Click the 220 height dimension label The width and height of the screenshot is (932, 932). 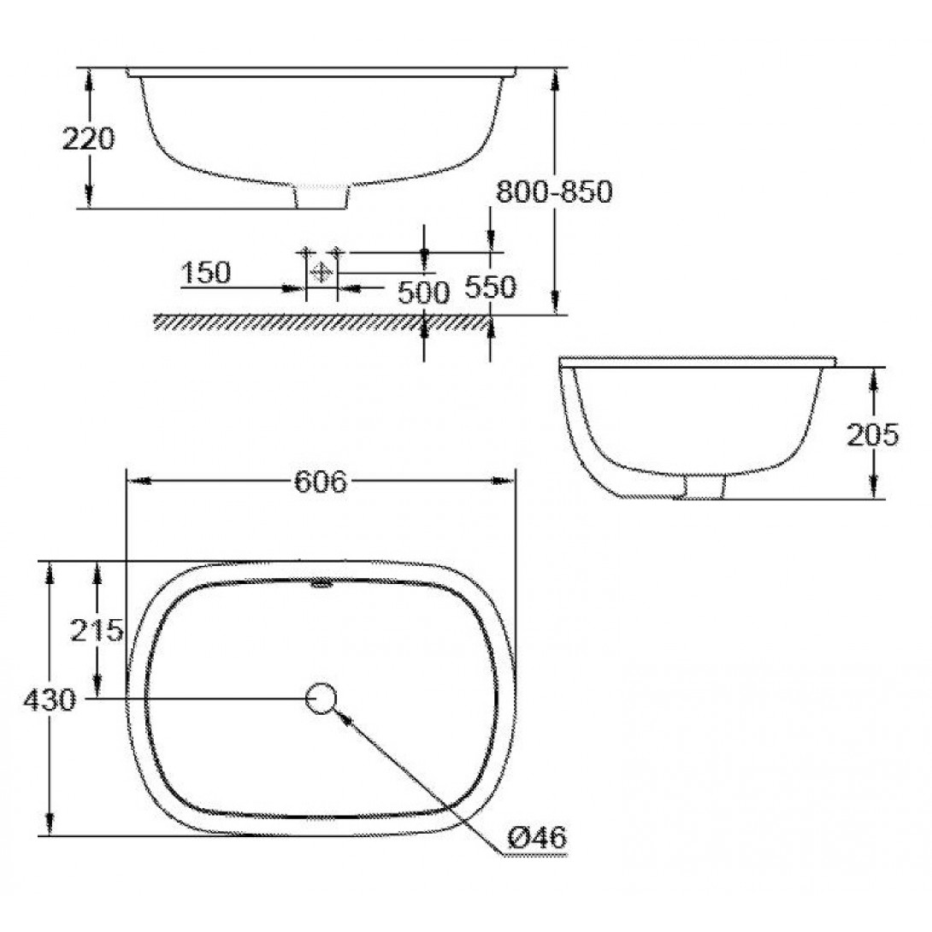(x=88, y=139)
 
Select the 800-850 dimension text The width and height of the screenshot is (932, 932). (x=554, y=192)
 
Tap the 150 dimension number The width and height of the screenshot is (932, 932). (x=205, y=273)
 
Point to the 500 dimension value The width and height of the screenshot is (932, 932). (x=423, y=292)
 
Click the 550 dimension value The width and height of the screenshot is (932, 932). (x=490, y=287)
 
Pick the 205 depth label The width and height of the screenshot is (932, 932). (x=872, y=436)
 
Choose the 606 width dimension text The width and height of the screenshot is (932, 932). (x=321, y=481)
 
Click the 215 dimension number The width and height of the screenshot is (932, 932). (x=97, y=630)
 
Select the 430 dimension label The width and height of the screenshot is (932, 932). (x=50, y=700)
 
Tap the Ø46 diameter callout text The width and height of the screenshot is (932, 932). (x=538, y=838)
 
